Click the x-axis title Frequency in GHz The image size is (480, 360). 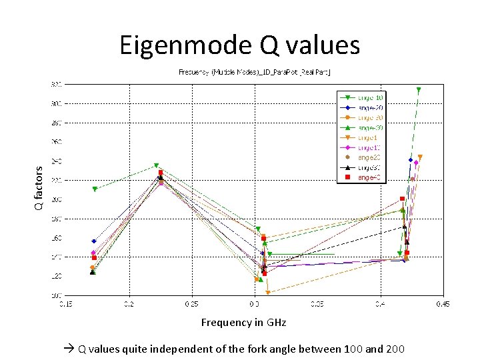click(243, 323)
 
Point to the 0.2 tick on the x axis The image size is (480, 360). click(128, 304)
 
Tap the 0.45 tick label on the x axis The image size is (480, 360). click(443, 304)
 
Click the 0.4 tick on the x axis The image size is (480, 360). click(380, 304)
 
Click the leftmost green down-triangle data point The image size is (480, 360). click(95, 189)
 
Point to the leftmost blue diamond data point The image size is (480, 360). click(94, 241)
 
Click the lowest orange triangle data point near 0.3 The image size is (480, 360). click(268, 293)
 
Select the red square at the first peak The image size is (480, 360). click(161, 173)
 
